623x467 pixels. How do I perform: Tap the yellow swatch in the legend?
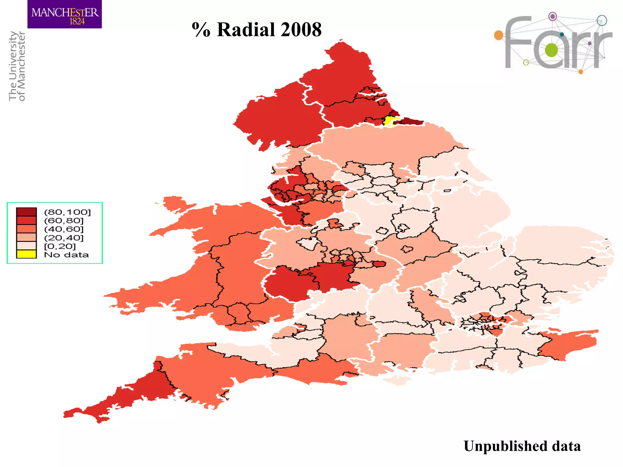(26, 254)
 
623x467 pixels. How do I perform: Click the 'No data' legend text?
(66, 255)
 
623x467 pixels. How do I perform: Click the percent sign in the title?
(201, 30)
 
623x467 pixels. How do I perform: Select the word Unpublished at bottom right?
(505, 446)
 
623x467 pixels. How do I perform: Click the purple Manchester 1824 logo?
(64, 14)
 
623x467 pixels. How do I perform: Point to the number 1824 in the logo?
(77, 22)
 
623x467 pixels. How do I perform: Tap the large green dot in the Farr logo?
(551, 50)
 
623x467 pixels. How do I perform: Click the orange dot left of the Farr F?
(499, 35)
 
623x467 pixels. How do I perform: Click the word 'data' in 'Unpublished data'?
(566, 446)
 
